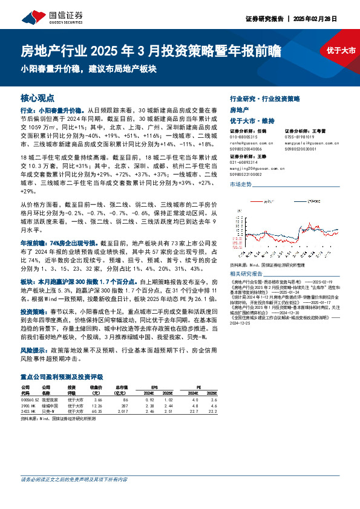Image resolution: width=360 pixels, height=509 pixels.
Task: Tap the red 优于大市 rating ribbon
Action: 341,50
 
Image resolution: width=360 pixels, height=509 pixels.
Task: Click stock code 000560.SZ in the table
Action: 31,400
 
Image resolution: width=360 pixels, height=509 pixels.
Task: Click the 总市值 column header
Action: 122,386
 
